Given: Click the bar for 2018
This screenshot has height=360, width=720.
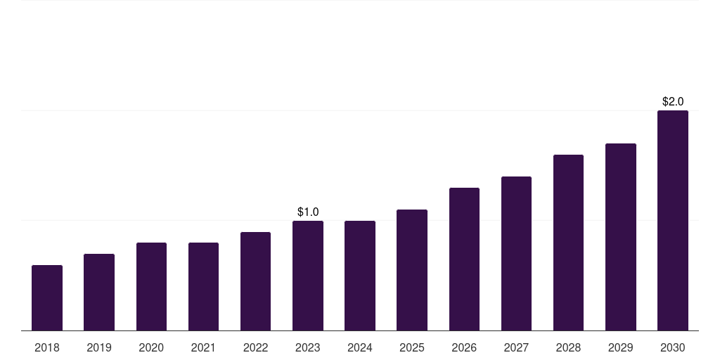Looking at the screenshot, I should (47, 297).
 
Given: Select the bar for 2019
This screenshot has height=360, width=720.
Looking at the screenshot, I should (99, 292).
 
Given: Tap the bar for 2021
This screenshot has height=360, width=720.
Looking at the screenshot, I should (203, 286).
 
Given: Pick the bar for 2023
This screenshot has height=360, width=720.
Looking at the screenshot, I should (308, 276).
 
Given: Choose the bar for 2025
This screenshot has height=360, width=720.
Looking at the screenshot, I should (412, 270).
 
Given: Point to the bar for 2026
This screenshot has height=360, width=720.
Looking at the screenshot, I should (464, 259).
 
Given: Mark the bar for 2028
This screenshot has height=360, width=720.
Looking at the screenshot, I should (568, 243).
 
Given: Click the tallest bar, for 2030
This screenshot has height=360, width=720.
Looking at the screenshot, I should (673, 220).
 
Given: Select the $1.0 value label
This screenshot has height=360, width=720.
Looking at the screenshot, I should (308, 212).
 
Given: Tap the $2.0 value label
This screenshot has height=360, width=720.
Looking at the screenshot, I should (673, 101).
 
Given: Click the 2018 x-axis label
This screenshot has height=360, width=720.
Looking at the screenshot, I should (47, 347).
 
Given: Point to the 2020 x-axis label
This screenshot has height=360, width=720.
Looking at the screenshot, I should (151, 347).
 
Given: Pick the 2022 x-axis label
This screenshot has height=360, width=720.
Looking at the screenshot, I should (255, 347).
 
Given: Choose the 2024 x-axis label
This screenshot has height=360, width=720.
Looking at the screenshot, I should (360, 347).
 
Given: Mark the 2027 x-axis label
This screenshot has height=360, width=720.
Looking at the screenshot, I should (516, 347).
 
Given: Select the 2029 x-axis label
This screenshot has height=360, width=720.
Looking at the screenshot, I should (621, 347).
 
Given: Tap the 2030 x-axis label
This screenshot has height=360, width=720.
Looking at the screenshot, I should (673, 347).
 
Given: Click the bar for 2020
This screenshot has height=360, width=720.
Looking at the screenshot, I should (151, 286).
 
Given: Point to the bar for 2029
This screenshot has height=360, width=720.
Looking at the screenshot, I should (621, 237).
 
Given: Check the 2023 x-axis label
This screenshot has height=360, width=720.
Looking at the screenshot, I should (308, 347).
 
